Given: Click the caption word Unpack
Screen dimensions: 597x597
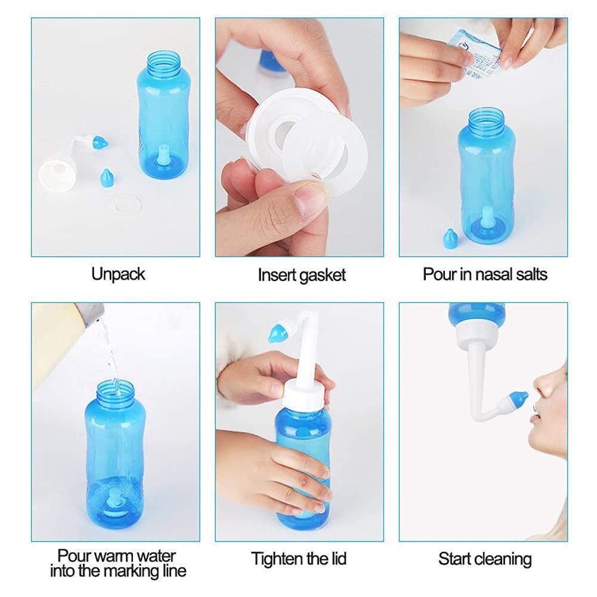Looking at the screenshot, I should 118,274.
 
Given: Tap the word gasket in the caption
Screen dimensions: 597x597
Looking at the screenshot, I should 324,276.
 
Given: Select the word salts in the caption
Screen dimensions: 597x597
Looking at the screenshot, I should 527,274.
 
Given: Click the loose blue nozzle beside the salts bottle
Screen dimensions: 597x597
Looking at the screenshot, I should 448,237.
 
